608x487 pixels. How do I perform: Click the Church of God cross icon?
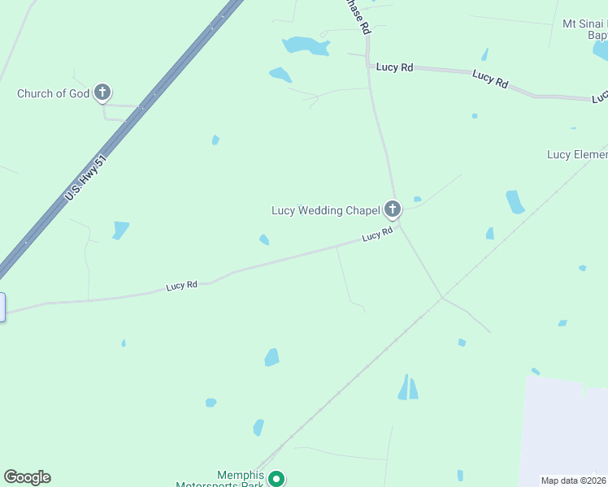click(102, 93)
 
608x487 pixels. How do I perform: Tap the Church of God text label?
click(53, 93)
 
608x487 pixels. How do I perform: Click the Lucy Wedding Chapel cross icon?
click(393, 210)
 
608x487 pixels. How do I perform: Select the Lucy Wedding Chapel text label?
click(325, 211)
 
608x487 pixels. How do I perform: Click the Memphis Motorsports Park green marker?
click(276, 479)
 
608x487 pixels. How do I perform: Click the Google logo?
click(27, 477)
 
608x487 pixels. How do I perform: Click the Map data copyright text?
click(574, 481)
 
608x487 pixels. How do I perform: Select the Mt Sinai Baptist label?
click(585, 29)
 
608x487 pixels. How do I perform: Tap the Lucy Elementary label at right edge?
click(577, 154)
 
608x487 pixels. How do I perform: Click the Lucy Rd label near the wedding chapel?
click(377, 235)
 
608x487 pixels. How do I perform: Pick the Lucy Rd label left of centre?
click(181, 286)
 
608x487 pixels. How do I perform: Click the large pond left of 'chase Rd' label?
click(306, 45)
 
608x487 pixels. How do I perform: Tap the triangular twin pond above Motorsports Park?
click(408, 388)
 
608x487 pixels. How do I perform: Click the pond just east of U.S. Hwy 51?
click(121, 230)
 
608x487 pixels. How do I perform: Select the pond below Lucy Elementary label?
click(515, 201)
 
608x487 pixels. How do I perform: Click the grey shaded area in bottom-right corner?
click(565, 430)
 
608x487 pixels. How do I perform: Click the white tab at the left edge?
click(2, 307)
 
